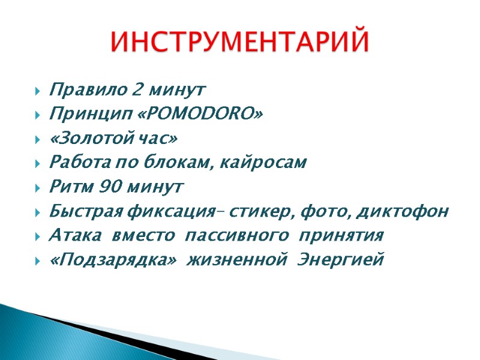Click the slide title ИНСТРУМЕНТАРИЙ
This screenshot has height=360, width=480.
[x=241, y=42]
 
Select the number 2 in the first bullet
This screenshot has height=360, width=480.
[x=137, y=91]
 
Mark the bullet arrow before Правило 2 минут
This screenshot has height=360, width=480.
[x=38, y=92]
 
